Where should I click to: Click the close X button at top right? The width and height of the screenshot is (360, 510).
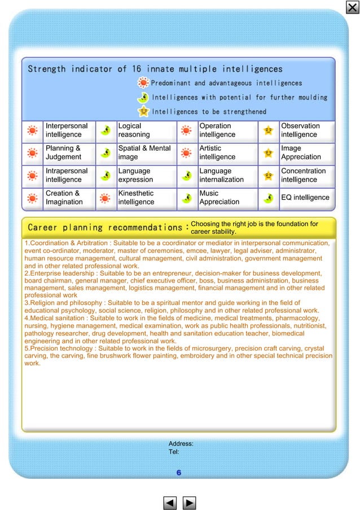coord(352,7)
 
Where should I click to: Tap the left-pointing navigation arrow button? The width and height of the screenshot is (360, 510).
coord(170,502)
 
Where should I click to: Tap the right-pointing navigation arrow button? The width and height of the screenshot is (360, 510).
coord(190,502)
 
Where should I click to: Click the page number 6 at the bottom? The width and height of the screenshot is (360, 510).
coord(178,473)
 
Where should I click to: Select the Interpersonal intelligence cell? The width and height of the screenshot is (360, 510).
coord(67,130)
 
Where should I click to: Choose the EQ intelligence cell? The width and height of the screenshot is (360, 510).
coord(305,198)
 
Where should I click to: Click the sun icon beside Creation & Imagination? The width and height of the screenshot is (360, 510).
coord(33,198)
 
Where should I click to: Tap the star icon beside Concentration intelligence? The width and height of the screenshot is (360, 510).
coord(269,176)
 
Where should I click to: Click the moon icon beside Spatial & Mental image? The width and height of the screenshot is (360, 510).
coord(105,153)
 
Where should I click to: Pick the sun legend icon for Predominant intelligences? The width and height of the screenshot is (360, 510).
coord(143,83)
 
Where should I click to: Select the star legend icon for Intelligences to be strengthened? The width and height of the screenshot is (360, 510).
coord(144,111)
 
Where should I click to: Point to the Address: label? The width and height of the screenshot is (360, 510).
coord(181,444)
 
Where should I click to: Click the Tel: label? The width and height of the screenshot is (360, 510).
coord(174,452)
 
